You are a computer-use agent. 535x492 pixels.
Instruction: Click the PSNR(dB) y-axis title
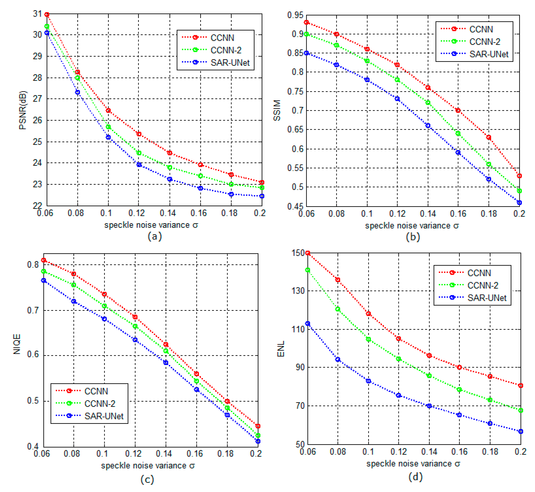pos(23,110)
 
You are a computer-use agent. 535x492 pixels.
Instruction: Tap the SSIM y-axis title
pos(277,110)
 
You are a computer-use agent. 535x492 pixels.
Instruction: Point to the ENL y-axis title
pos(281,349)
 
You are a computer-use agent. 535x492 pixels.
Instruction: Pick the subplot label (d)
pos(415,477)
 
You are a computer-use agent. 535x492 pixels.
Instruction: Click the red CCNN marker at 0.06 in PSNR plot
pos(47,15)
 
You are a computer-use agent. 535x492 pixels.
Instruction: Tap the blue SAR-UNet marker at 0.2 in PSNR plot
pos(262,196)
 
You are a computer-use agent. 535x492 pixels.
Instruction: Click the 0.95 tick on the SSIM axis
pos(295,15)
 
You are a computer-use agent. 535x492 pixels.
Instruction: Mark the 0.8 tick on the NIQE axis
pos(33,265)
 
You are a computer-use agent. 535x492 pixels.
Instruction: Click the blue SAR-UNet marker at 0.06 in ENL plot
pos(308,324)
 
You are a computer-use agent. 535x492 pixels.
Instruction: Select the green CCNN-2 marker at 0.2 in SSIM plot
pos(519,191)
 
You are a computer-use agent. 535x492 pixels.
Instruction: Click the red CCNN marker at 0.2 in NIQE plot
pos(258,426)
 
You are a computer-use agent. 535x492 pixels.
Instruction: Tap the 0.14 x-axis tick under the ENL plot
pos(429,452)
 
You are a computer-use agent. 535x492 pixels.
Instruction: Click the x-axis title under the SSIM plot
pos(412,226)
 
